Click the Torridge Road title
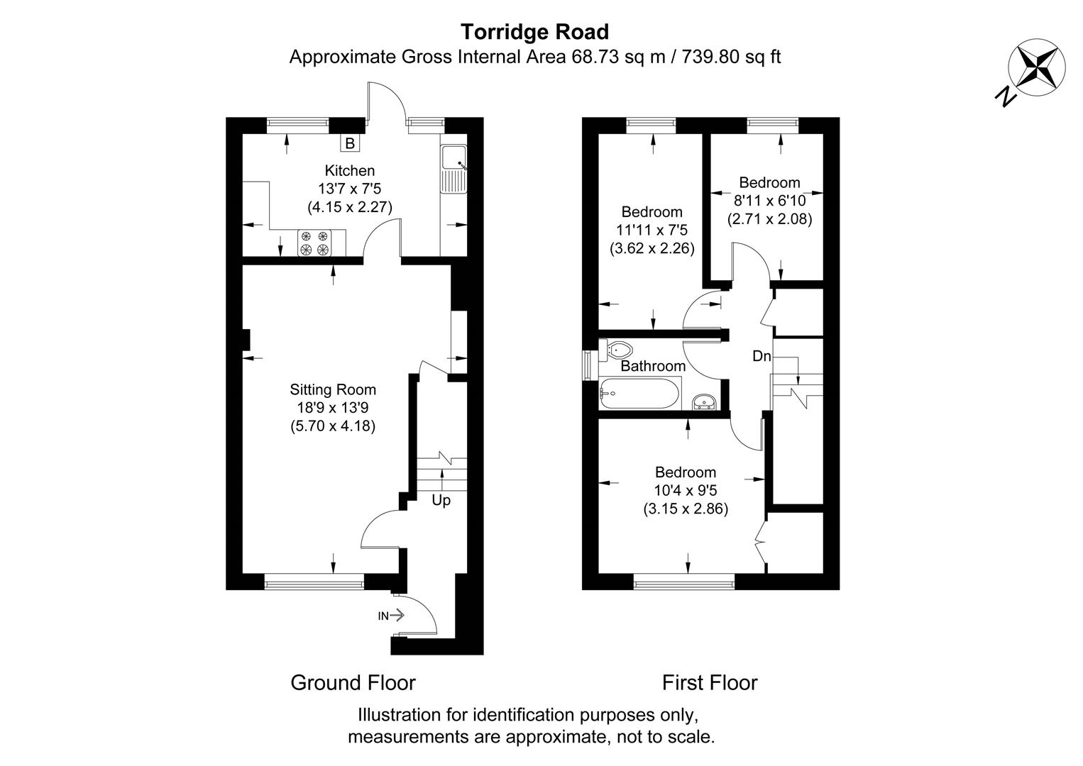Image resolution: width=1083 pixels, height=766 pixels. click(x=534, y=32)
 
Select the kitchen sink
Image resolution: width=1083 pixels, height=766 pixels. click(x=453, y=168)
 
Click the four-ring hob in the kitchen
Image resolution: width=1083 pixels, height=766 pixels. click(x=314, y=243)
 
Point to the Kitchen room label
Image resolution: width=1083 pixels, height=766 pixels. click(x=349, y=170)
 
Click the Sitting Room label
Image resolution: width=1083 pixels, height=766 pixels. click(x=333, y=389)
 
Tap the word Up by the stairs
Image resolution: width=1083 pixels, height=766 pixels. click(x=441, y=500)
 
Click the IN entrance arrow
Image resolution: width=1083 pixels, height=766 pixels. click(x=390, y=616)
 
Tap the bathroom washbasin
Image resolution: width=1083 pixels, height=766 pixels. click(x=705, y=402)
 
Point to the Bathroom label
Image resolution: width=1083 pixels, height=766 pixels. click(x=653, y=366)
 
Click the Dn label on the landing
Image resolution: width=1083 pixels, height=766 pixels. click(x=761, y=356)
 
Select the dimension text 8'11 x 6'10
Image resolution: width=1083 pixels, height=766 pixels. click(x=769, y=201)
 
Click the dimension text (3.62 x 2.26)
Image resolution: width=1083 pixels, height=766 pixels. click(x=652, y=248)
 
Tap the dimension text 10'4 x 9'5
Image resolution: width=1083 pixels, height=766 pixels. click(x=685, y=490)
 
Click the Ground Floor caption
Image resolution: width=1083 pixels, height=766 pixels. click(x=353, y=682)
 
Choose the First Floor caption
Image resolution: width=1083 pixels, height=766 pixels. click(x=709, y=682)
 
